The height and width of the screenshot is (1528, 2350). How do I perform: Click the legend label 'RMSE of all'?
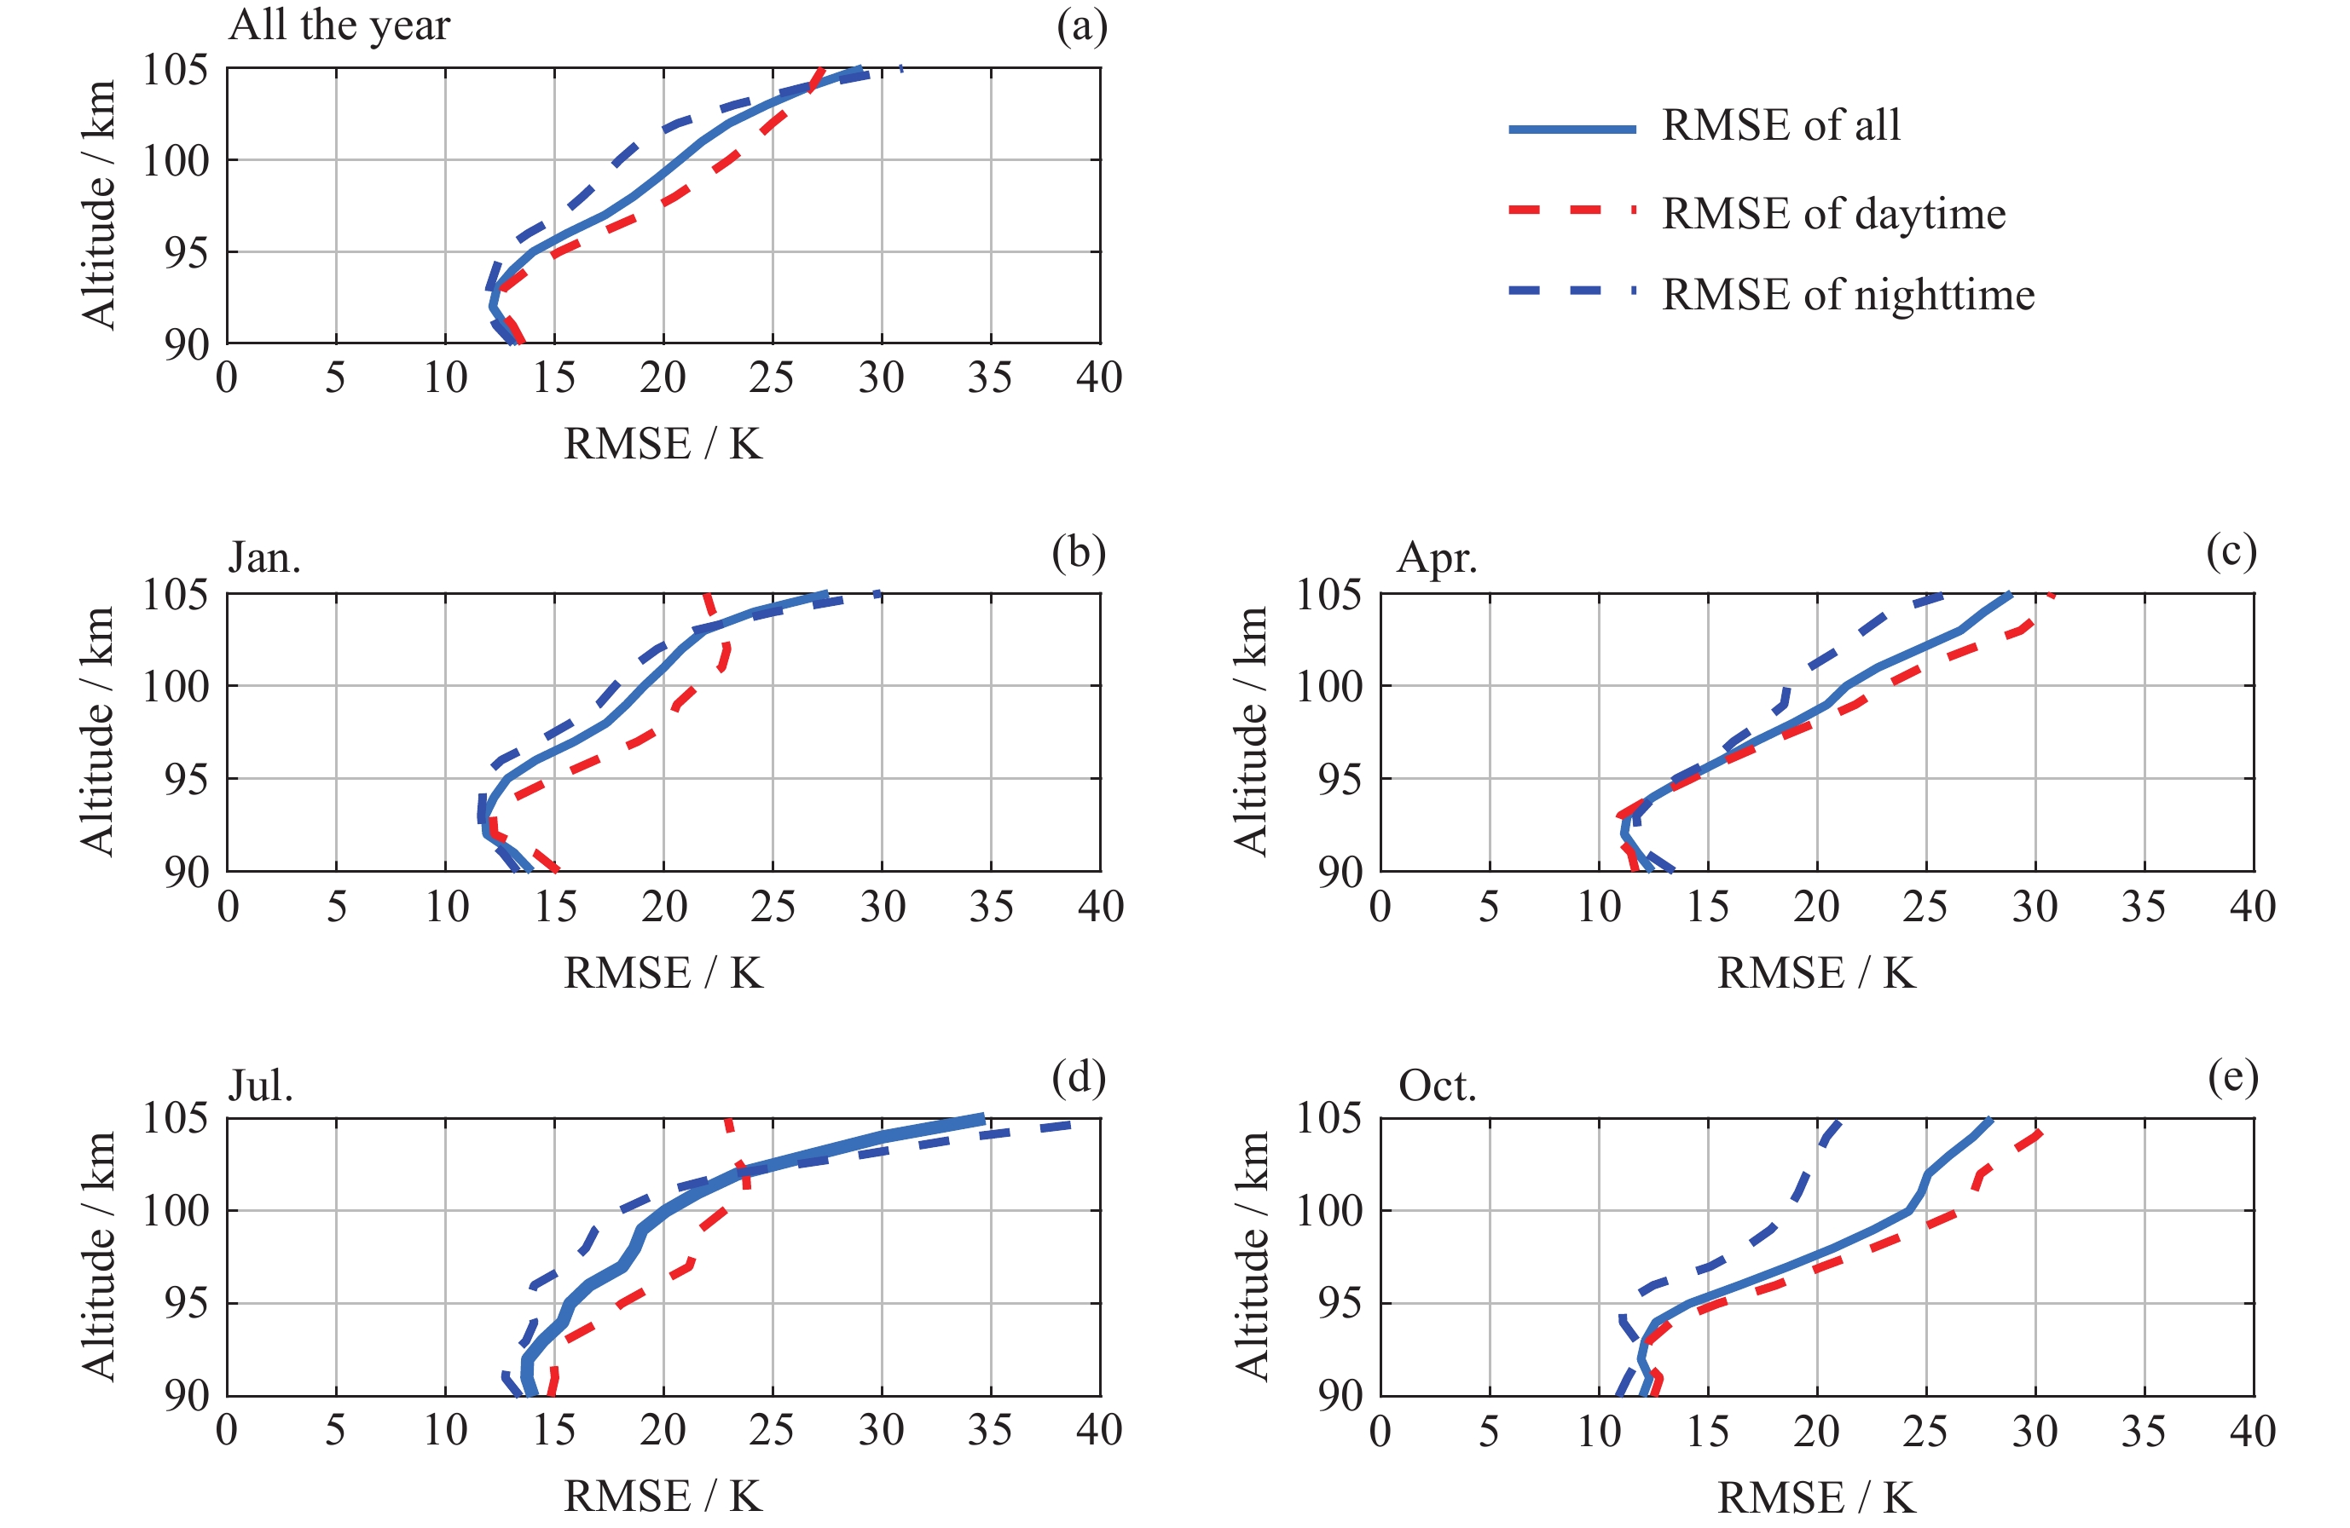click(1780, 125)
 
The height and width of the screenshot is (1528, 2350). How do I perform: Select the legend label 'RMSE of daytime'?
click(1832, 214)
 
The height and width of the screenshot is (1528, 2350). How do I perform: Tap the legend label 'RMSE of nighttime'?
click(1848, 295)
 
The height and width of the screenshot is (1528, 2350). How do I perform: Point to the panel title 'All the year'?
click(339, 25)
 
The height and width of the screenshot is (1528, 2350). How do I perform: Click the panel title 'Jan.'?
click(264, 557)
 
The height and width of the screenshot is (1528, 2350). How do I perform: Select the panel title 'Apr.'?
click(1437, 557)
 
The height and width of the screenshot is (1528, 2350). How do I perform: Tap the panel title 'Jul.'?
click(261, 1086)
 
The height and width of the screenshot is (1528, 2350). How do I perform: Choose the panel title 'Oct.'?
click(1438, 1086)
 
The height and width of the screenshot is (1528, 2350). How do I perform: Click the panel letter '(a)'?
click(1081, 26)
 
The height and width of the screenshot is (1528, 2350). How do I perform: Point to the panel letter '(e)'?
click(2232, 1078)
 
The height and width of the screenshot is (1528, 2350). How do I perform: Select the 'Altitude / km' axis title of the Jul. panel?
click(99, 1255)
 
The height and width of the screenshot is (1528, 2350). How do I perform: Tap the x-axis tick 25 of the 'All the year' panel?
click(771, 378)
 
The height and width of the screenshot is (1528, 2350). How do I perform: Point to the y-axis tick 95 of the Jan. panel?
click(188, 779)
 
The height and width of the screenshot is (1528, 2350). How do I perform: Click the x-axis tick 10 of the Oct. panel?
click(1599, 1431)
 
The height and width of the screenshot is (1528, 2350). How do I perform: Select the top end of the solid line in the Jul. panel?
click(983, 1118)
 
